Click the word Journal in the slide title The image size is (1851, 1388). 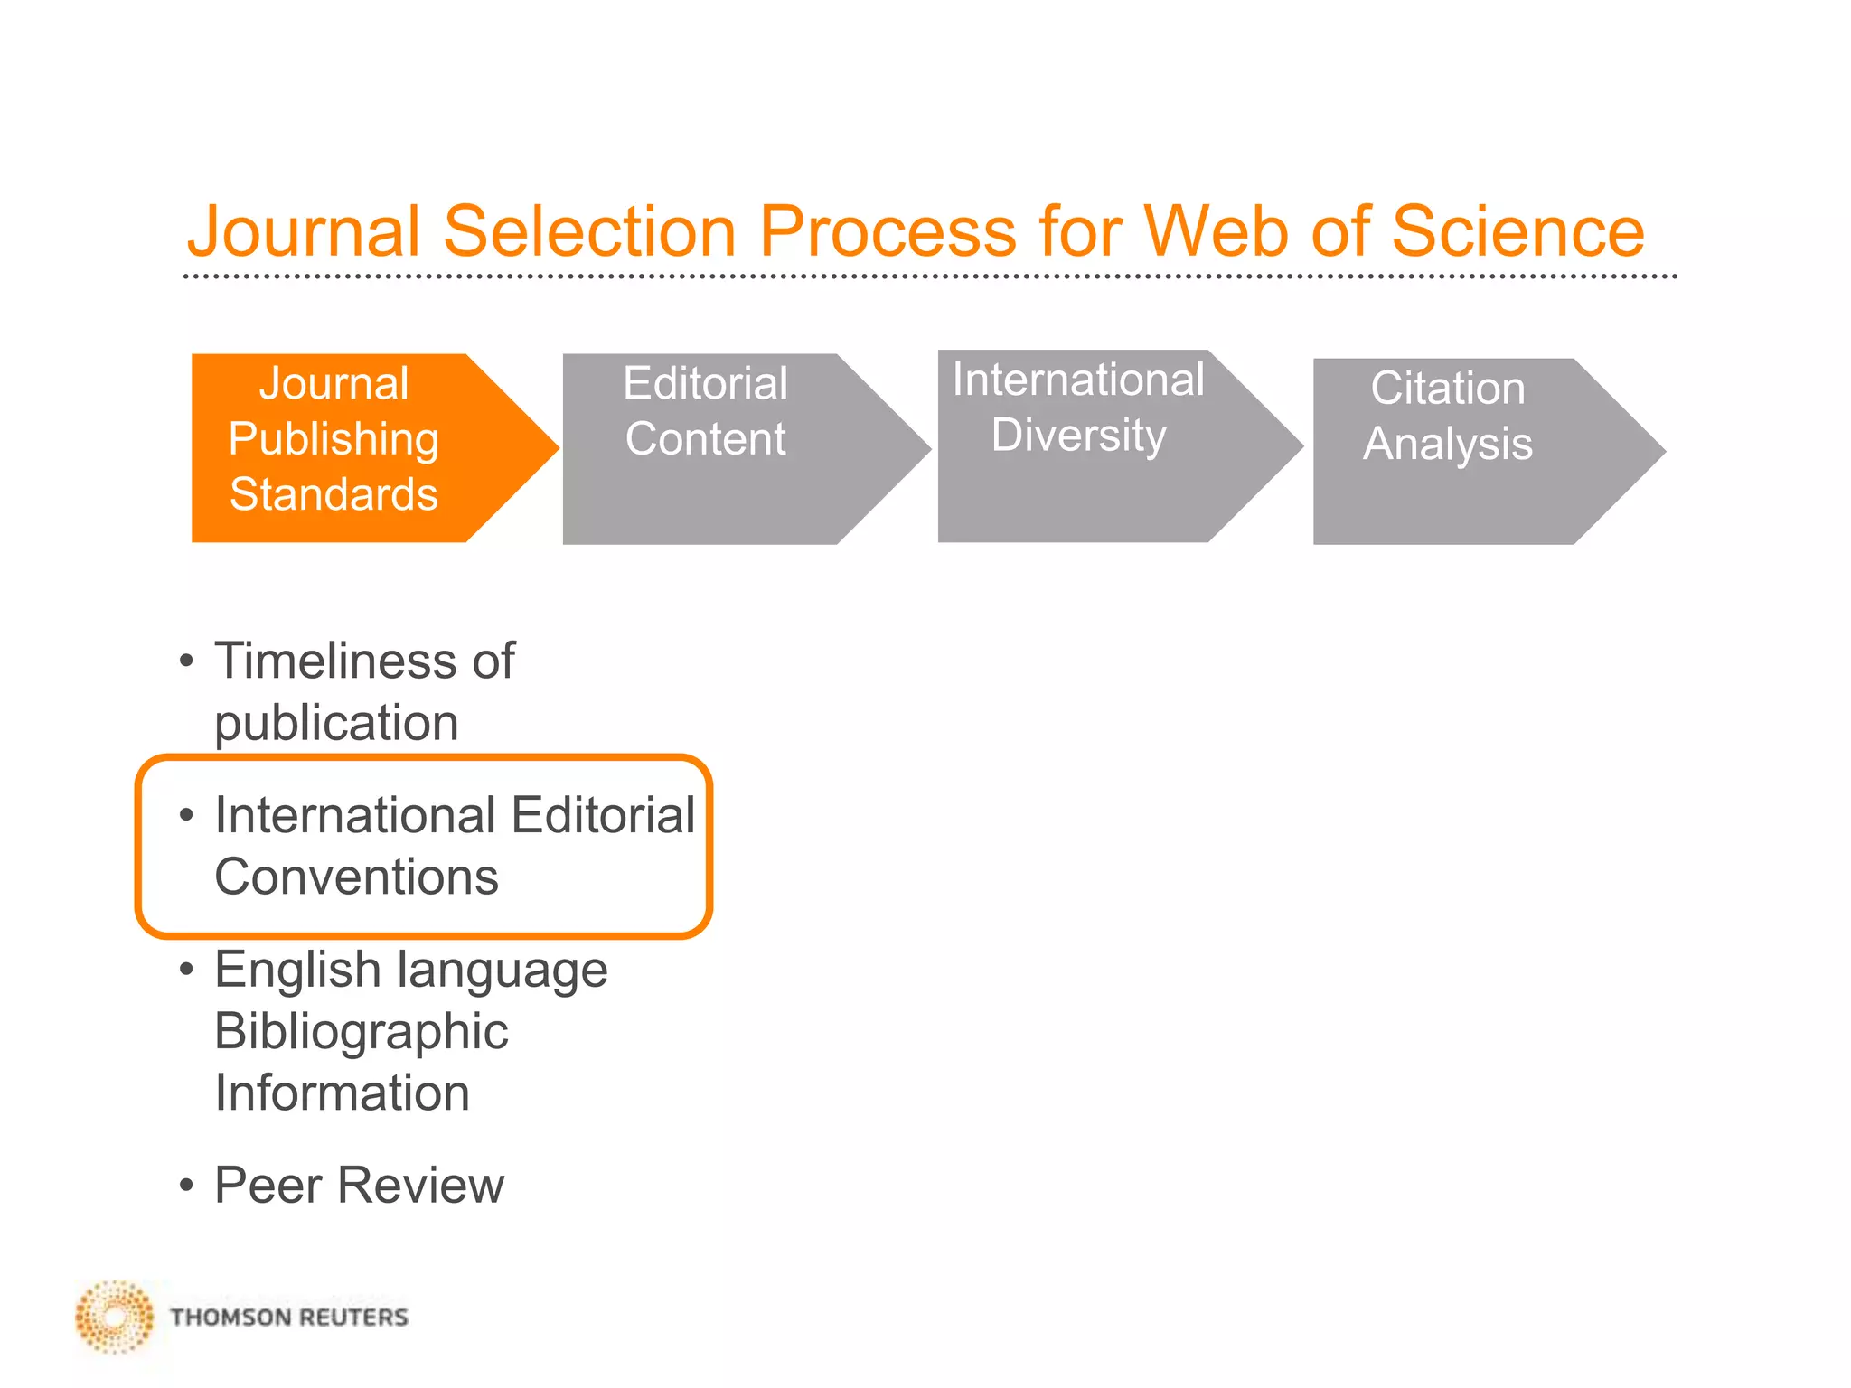point(304,232)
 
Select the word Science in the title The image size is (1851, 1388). point(1517,232)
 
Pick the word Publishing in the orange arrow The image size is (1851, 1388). point(334,440)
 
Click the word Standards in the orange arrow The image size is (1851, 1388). point(334,494)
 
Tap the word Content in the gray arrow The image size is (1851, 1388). point(705,439)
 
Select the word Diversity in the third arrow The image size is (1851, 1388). point(1078,436)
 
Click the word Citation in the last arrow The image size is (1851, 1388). point(1447,389)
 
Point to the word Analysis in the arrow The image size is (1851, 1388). point(1447,444)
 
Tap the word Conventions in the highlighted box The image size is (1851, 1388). point(356,877)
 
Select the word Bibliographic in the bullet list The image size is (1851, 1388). point(361,1031)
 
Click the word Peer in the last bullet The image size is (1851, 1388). point(268,1185)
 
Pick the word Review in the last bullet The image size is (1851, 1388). point(420,1185)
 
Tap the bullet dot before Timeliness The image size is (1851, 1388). point(186,661)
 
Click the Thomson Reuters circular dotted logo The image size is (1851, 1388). point(115,1317)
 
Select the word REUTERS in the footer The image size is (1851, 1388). point(353,1318)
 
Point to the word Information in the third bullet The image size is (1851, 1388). point(342,1093)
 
